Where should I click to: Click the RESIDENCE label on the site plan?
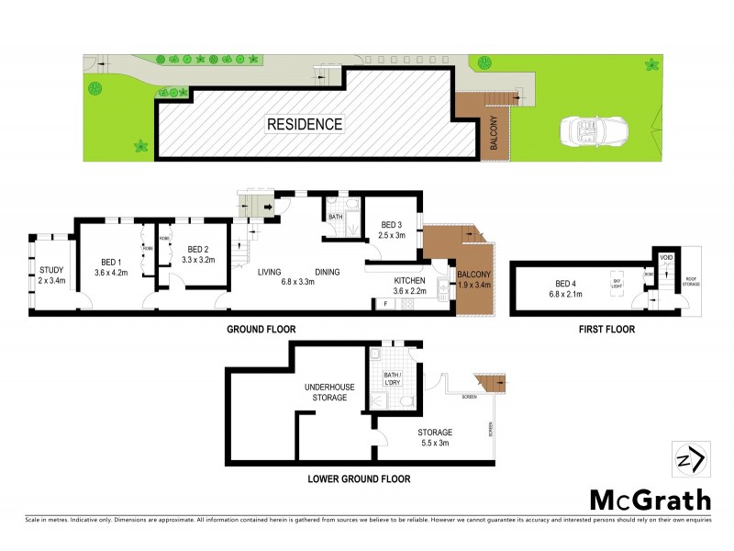(x=305, y=124)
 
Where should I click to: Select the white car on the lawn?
(x=584, y=131)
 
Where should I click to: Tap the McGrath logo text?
(x=649, y=500)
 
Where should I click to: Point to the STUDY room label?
(x=51, y=269)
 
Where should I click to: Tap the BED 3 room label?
(x=392, y=225)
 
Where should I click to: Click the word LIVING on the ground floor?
(x=269, y=271)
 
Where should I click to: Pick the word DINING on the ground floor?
(x=328, y=271)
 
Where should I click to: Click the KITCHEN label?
(x=410, y=280)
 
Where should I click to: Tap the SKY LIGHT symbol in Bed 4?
(x=617, y=283)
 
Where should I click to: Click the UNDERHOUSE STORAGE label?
(x=326, y=392)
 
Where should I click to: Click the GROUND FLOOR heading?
(x=261, y=329)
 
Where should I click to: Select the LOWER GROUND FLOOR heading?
(x=360, y=478)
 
